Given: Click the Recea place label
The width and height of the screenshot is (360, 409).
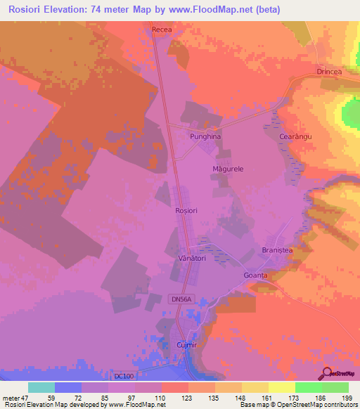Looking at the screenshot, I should click(x=162, y=30).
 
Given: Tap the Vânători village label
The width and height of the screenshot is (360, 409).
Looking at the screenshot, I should click(x=188, y=258).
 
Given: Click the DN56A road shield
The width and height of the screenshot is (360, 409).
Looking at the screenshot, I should click(x=181, y=299).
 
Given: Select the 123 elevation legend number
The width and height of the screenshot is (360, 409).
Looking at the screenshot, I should click(x=188, y=397).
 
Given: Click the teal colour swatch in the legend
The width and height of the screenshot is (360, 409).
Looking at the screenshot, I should click(x=41, y=387).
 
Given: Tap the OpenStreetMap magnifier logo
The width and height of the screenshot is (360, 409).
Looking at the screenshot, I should click(x=326, y=372).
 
